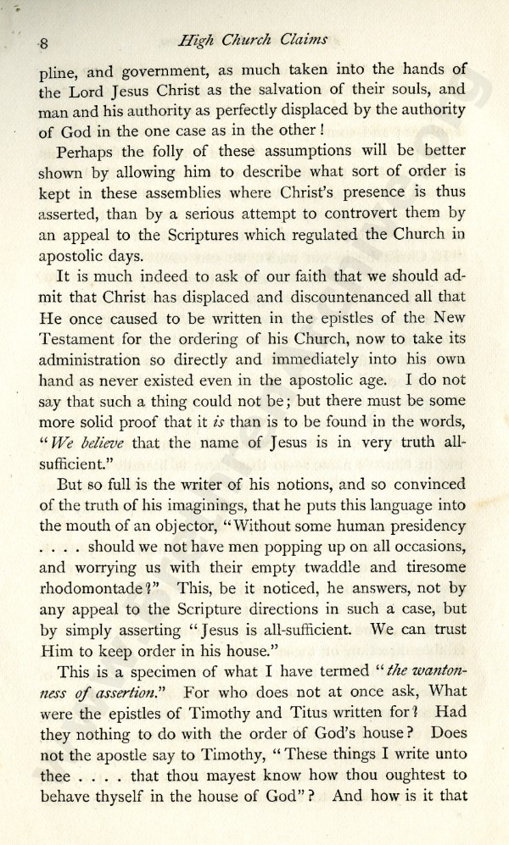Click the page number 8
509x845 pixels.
(x=44, y=44)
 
